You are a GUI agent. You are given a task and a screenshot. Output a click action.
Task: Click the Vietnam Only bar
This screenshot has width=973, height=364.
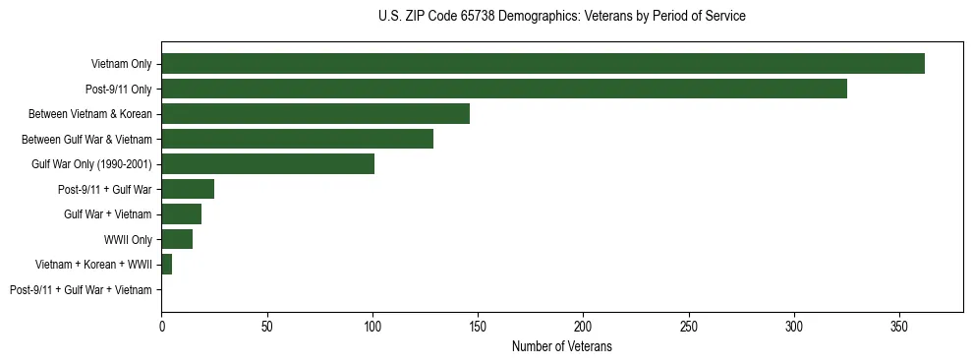543,64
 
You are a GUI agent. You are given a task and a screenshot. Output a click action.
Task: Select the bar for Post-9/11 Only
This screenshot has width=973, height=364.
504,89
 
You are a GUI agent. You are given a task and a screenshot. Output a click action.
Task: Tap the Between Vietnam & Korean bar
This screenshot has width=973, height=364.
315,114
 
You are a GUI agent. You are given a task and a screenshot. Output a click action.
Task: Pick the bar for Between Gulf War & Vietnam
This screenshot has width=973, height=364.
297,139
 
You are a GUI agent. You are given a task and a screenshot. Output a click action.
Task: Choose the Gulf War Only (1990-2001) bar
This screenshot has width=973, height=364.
267,164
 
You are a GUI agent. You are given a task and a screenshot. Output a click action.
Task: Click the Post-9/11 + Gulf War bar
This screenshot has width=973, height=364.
188,189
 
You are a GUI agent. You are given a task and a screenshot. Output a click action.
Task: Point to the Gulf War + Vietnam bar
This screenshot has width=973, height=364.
181,214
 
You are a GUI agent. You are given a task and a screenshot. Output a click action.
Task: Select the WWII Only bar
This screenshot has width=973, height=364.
177,239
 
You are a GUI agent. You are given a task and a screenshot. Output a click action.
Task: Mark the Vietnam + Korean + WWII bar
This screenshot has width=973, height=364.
166,265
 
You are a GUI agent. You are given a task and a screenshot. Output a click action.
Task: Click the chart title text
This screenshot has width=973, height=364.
561,17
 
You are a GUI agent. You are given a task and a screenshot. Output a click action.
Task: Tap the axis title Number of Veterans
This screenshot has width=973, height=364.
561,346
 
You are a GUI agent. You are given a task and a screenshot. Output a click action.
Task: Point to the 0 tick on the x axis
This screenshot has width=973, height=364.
161,326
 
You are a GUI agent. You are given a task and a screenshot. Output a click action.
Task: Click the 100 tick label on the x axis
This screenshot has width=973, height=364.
372,326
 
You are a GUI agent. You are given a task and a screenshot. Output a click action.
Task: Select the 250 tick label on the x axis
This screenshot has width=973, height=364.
689,326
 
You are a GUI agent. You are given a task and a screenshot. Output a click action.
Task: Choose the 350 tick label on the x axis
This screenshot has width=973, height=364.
899,326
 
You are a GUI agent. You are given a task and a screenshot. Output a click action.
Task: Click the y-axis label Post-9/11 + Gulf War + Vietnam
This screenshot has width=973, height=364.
81,289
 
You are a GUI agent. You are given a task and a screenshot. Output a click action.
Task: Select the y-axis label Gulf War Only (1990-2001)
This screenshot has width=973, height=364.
91,164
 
